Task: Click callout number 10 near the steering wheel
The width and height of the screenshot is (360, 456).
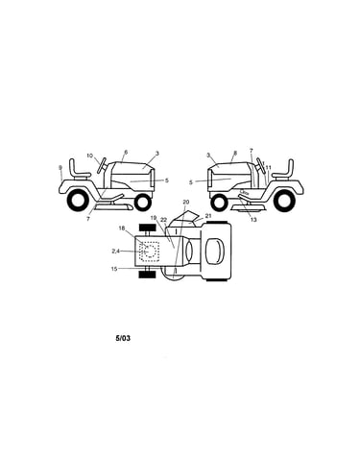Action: pyautogui.click(x=89, y=156)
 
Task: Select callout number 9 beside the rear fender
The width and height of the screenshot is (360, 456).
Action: pyautogui.click(x=60, y=167)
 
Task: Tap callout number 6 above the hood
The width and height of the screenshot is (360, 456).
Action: pyautogui.click(x=126, y=152)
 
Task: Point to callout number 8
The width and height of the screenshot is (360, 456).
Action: pyautogui.click(x=235, y=153)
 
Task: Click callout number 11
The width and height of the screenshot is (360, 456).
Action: pyautogui.click(x=268, y=167)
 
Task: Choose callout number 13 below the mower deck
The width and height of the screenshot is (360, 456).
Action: pyautogui.click(x=253, y=220)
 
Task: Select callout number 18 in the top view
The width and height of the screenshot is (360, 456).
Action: pyautogui.click(x=121, y=228)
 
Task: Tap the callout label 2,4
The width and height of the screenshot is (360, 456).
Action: pyautogui.click(x=115, y=252)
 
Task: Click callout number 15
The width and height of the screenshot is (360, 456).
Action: pyautogui.click(x=114, y=269)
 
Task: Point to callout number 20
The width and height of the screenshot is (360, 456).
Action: pyautogui.click(x=186, y=202)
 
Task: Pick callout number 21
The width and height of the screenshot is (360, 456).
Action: pyautogui.click(x=208, y=216)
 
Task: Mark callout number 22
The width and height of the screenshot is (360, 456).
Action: pyautogui.click(x=164, y=220)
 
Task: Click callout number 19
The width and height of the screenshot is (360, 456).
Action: pyautogui.click(x=154, y=218)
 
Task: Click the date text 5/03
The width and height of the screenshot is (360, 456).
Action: pyautogui.click(x=123, y=338)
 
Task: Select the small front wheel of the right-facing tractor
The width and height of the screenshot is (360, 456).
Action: pyautogui.click(x=143, y=202)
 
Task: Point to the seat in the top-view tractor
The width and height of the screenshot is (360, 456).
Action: pyautogui.click(x=214, y=252)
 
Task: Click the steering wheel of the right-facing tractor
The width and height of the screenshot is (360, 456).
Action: pyautogui.click(x=103, y=166)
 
